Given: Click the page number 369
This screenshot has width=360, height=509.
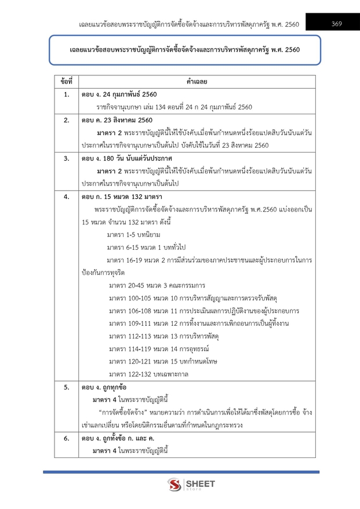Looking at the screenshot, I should coord(336,24).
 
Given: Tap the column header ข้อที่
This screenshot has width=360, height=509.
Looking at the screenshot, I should coord(66,82).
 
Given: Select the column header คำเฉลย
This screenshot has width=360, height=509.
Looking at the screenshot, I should coord(197,82).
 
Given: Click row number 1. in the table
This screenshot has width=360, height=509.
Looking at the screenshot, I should coord(66,94).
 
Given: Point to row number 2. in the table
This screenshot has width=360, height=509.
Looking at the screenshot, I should coord(66,120).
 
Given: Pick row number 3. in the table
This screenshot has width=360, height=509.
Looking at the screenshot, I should coord(66,158).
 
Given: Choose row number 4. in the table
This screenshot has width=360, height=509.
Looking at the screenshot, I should coord(66,197).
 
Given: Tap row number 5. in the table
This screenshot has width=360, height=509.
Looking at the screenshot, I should coord(66,387).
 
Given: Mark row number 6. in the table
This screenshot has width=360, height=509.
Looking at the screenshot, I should coord(66,439).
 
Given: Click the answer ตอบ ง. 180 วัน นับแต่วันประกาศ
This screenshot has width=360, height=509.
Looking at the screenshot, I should coord(127,158).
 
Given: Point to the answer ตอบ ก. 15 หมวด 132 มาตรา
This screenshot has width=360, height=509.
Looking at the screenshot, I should coord(121,197).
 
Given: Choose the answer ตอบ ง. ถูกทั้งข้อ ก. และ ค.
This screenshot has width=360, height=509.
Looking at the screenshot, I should coord(119,439).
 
